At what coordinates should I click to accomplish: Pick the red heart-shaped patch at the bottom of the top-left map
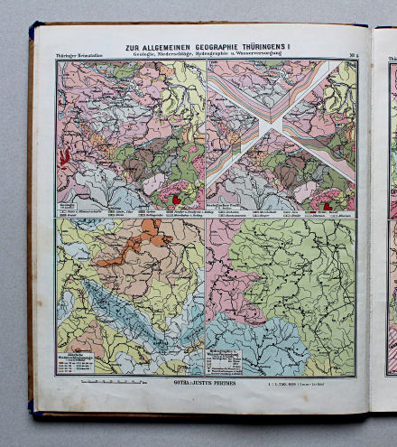pos(177,200)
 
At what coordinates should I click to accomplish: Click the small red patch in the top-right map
pos(328,206)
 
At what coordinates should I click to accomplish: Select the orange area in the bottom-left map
pos(135,244)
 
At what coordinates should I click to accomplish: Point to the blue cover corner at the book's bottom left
pos(32,410)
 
